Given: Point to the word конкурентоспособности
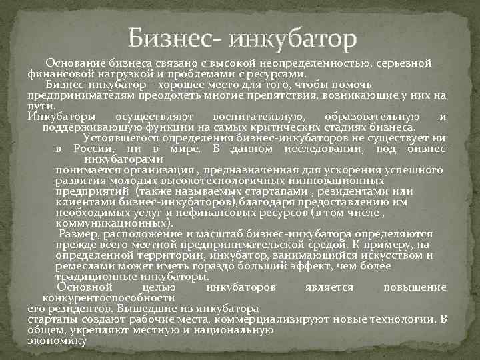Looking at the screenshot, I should [x=118, y=297].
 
